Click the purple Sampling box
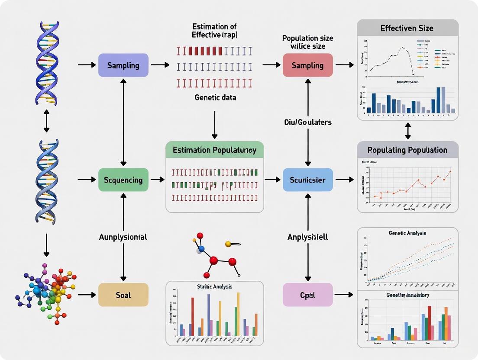click(123, 65)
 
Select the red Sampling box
click(307, 65)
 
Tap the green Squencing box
click(123, 180)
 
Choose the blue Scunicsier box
click(307, 180)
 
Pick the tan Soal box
click(123, 295)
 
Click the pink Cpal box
click(307, 295)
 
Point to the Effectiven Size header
click(407, 29)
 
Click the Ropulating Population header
click(407, 150)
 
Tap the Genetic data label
click(215, 98)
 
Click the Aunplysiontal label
click(123, 237)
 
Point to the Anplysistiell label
click(307, 237)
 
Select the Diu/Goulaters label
click(307, 122)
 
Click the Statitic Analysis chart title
click(214, 286)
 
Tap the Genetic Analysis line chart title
click(407, 233)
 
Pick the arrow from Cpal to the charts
click(344, 295)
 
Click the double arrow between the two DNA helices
click(46, 121)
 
